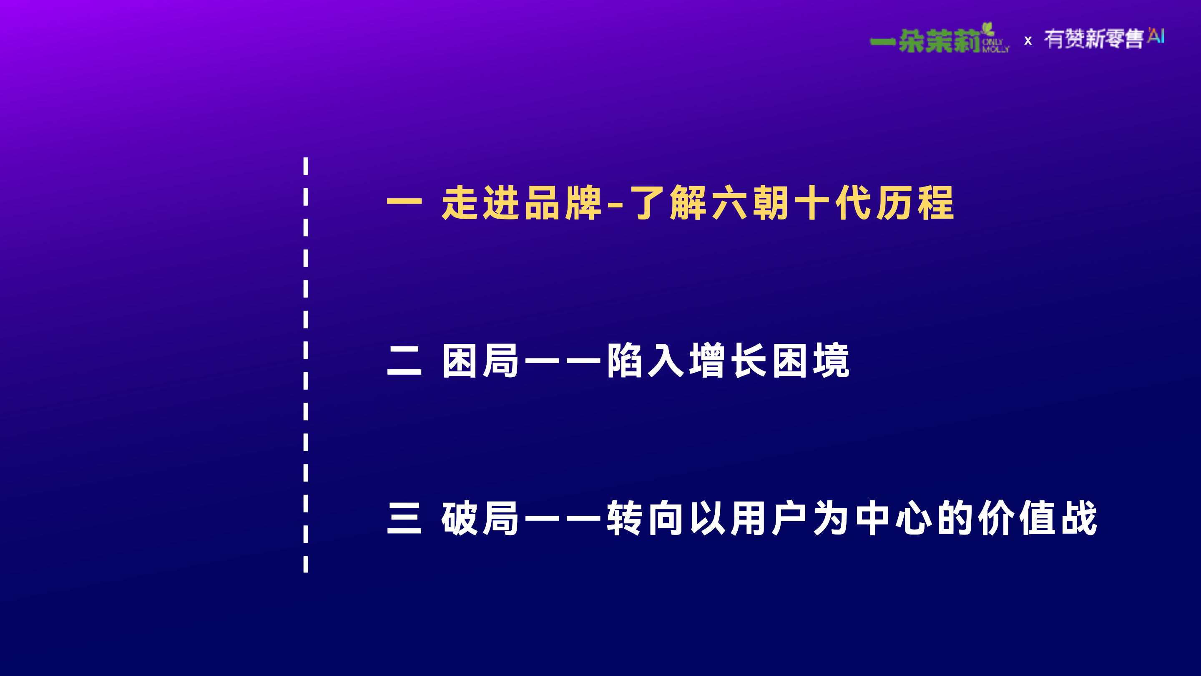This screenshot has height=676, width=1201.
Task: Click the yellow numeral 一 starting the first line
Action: pyautogui.click(x=404, y=202)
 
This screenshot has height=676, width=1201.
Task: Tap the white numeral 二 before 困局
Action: pyautogui.click(x=404, y=361)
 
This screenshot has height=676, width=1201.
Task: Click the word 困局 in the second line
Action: pyautogui.click(x=480, y=360)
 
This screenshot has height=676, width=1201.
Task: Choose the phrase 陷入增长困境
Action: pyautogui.click(x=728, y=360)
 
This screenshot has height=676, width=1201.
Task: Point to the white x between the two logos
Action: pyautogui.click(x=1028, y=41)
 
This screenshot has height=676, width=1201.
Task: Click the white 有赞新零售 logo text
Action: pyautogui.click(x=1094, y=39)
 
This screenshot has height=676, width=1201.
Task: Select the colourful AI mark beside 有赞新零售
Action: pyautogui.click(x=1156, y=35)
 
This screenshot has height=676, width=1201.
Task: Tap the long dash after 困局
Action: pyautogui.click(x=563, y=360)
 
